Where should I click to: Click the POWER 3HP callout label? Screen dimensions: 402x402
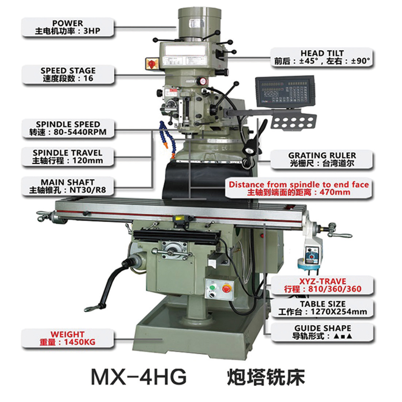[68, 27]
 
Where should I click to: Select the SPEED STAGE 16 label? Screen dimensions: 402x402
[68, 74]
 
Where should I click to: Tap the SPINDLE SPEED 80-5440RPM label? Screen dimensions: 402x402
[68, 128]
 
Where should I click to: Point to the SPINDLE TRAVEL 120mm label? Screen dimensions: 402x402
[68, 157]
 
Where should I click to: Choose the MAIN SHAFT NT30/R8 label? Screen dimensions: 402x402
[68, 186]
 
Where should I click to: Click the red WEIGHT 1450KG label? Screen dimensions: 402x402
[68, 338]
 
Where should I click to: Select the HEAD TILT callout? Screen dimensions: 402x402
[322, 57]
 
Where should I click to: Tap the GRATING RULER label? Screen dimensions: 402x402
[322, 159]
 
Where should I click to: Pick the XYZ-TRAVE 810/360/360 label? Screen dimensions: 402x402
[323, 285]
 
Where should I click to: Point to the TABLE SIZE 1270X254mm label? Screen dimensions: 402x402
[323, 308]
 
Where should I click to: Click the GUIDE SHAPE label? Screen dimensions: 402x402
[323, 332]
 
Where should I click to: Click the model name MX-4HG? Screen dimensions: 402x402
[139, 376]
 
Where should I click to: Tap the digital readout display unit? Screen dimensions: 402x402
[285, 91]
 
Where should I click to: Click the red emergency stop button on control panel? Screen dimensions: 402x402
[227, 288]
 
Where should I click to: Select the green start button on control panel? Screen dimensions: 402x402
[212, 287]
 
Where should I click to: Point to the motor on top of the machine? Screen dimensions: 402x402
[199, 24]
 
